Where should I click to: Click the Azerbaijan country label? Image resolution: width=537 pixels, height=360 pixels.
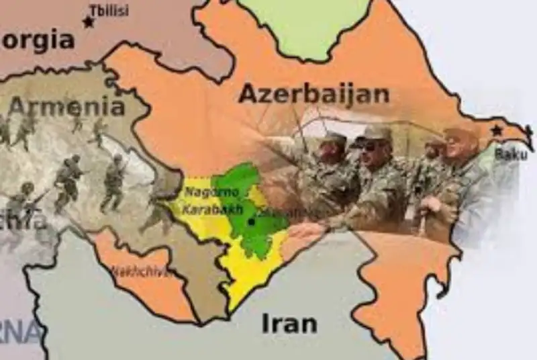coord(313,94)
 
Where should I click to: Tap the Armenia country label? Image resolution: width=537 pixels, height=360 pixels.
coord(66,106)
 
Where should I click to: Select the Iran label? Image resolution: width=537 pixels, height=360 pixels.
coord(289,323)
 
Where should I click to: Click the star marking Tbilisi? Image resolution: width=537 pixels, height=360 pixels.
coord(88,22)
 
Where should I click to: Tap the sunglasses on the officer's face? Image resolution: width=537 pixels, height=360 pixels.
coord(371,146)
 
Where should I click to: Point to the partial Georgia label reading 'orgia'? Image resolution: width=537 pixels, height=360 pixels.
coord(38,42)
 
